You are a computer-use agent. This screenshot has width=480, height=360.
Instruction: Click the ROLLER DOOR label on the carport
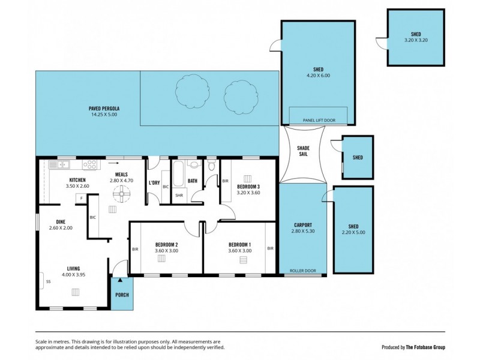click(302, 271)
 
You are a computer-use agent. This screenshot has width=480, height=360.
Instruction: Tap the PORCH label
click(122, 294)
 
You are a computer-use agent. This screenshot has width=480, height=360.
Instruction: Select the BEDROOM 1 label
click(239, 244)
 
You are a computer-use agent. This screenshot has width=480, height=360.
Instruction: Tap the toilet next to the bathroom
click(211, 165)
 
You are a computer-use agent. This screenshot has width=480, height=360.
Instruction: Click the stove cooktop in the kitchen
click(91, 164)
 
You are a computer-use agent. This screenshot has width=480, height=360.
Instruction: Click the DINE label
click(60, 221)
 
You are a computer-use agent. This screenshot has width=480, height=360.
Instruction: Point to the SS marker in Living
click(48, 280)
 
